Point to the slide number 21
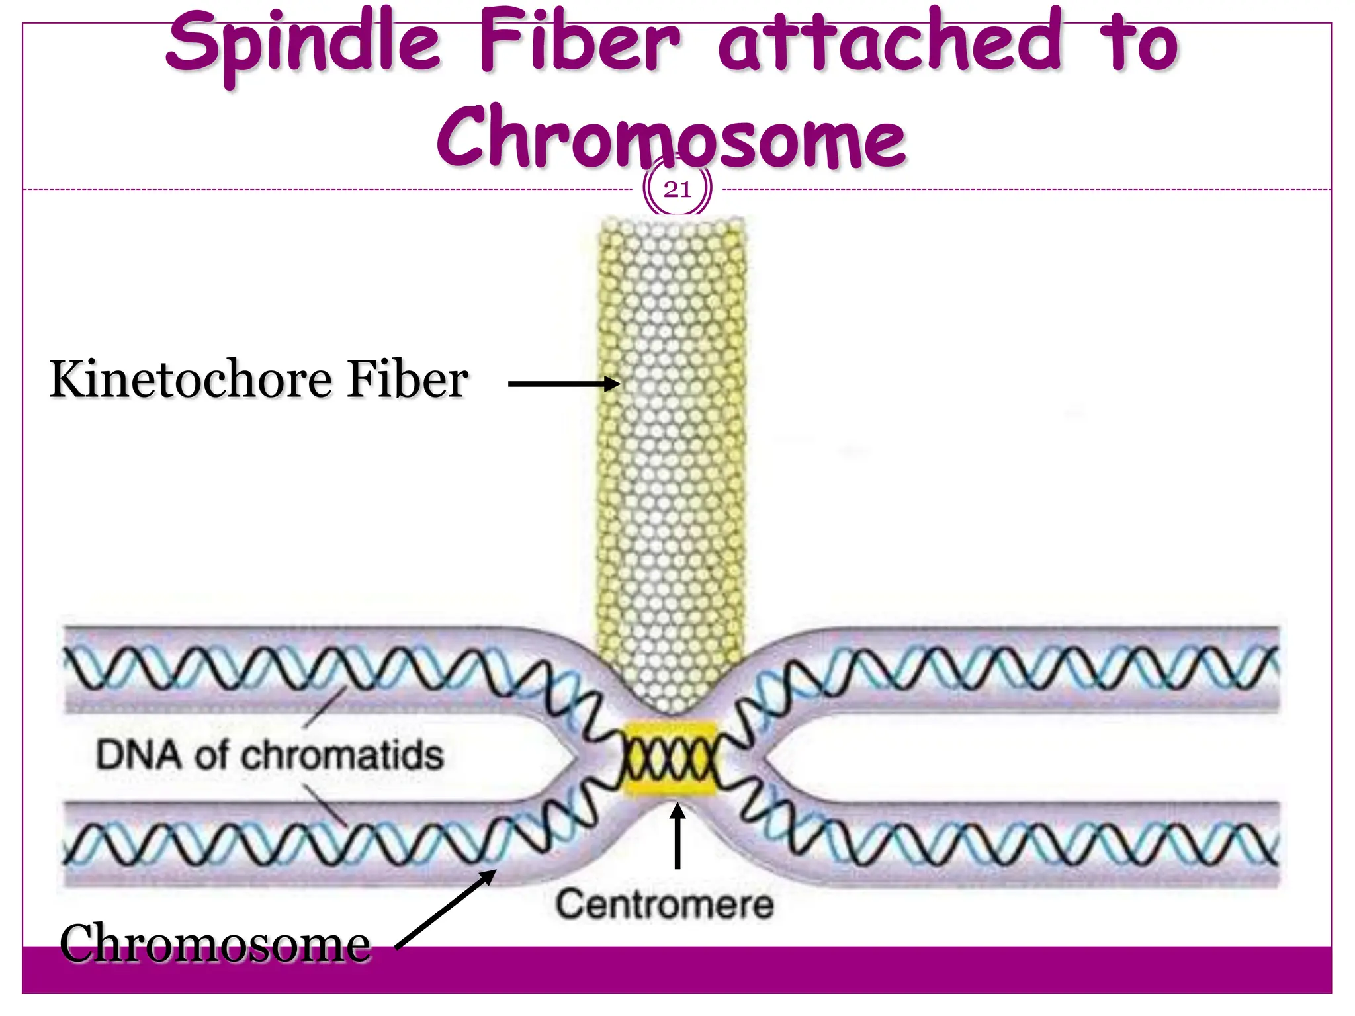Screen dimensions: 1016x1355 click(677, 190)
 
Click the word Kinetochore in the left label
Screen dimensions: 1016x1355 click(191, 380)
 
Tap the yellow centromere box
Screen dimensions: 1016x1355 click(670, 759)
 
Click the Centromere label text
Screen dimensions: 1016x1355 click(664, 904)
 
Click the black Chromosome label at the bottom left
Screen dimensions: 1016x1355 click(214, 944)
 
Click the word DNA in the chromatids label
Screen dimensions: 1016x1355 click(138, 755)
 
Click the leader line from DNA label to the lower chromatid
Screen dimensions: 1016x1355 click(326, 804)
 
